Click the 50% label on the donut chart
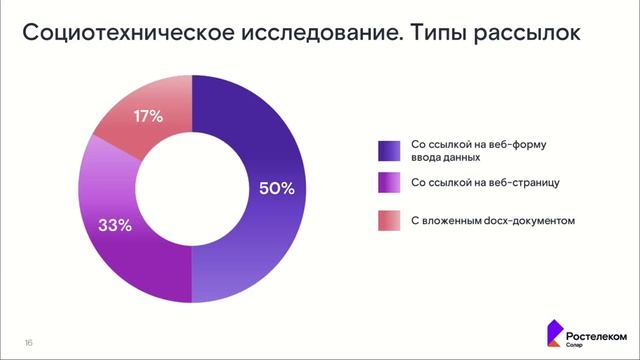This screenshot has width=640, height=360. (x=276, y=188)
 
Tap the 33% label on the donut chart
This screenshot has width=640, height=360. (x=114, y=225)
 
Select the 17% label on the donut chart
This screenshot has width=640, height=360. (x=148, y=117)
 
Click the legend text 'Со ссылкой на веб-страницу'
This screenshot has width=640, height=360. (x=478, y=184)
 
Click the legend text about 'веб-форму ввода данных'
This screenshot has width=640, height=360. (x=473, y=151)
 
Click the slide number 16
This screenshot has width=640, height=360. (x=29, y=343)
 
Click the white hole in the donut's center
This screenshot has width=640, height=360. (x=191, y=188)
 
